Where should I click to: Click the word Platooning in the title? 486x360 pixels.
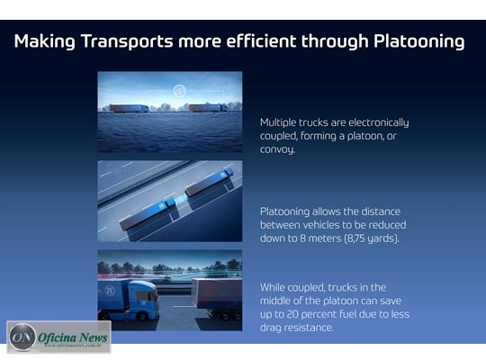click(x=419, y=41)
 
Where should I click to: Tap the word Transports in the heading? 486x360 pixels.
click(x=127, y=41)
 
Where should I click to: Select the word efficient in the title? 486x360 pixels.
click(x=261, y=40)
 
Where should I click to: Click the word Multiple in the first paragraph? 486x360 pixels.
click(x=278, y=122)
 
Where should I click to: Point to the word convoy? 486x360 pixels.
click(x=277, y=149)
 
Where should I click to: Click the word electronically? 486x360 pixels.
click(x=378, y=122)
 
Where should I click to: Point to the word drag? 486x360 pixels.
click(x=271, y=328)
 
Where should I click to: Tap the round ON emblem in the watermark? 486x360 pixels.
click(x=22, y=337)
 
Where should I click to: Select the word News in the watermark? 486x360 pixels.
click(x=93, y=337)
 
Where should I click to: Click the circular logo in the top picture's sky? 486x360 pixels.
click(x=179, y=91)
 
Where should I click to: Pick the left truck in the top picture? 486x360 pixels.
click(x=130, y=108)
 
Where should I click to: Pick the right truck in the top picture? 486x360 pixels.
click(x=208, y=108)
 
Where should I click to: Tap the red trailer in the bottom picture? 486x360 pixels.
click(x=217, y=293)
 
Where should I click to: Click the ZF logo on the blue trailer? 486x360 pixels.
click(x=110, y=291)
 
